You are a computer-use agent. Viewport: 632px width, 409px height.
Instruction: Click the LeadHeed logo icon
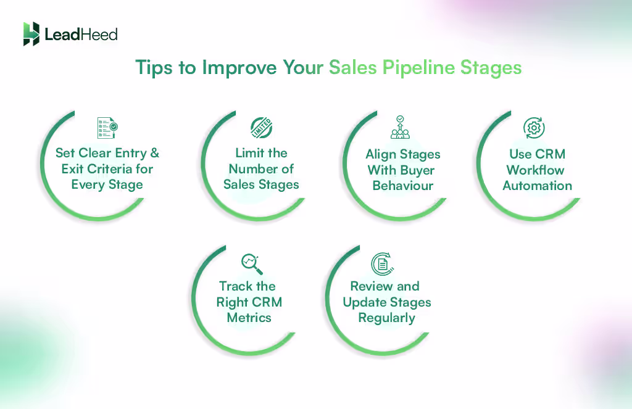[31, 34]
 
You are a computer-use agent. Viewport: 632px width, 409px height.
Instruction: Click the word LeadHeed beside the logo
[81, 35]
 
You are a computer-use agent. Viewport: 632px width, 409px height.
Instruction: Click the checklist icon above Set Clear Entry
[107, 128]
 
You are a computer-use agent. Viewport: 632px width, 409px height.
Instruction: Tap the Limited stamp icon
[261, 128]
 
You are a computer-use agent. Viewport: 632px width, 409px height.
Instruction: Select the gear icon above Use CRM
[533, 128]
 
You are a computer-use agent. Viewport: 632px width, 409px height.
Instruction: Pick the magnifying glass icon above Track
[252, 264]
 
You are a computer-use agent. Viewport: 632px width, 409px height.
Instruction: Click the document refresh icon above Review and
[383, 264]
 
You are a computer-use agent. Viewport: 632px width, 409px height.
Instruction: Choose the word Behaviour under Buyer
[403, 186]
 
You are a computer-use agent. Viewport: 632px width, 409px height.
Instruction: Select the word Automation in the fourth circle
[537, 186]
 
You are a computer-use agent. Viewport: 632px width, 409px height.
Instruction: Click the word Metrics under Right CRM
[249, 318]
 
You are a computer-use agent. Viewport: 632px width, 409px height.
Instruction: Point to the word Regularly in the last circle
[386, 318]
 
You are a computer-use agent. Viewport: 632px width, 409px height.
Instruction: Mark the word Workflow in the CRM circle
[536, 170]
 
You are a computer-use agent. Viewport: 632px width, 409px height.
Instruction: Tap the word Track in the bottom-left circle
[235, 286]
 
